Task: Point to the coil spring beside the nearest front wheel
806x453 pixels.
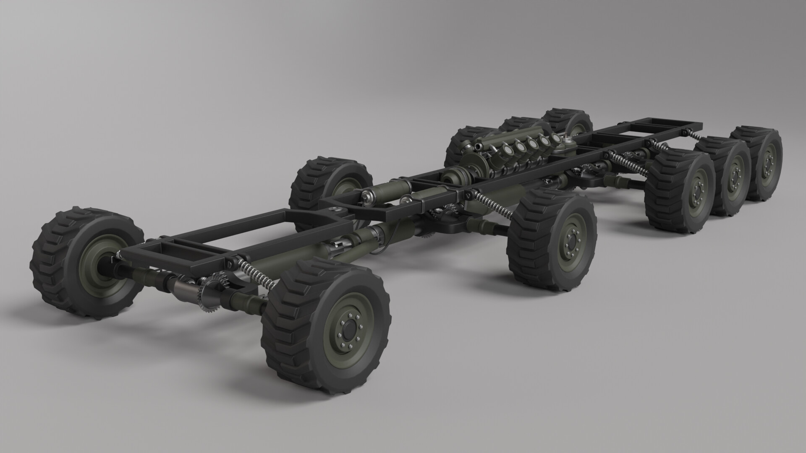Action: (259, 273)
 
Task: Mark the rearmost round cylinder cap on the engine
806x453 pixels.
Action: (556, 139)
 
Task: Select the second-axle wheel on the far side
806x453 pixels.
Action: (332, 185)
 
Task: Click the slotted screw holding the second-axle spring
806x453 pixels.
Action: (468, 194)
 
